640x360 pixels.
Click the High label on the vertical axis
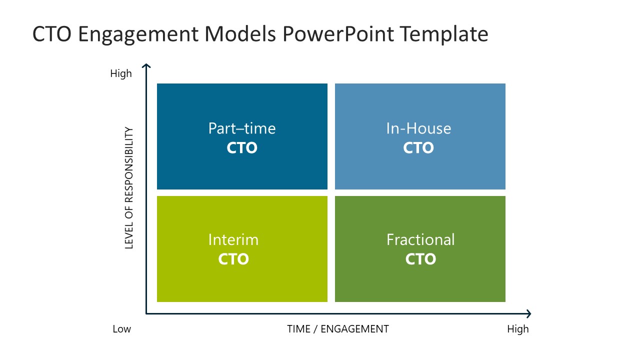(121, 74)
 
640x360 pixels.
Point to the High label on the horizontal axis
(517, 329)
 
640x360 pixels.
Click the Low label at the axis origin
(121, 329)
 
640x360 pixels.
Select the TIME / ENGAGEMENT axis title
(337, 329)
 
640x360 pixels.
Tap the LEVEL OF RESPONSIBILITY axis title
(129, 188)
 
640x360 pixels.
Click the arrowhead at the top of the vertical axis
(146, 66)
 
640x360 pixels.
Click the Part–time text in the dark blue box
(242, 128)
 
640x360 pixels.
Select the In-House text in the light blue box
(418, 128)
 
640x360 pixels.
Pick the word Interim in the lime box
(233, 239)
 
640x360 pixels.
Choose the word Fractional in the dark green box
(420, 239)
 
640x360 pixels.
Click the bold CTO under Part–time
(242, 148)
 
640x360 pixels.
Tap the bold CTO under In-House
(418, 148)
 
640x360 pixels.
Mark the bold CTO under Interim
(233, 259)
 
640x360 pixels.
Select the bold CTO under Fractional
(420, 259)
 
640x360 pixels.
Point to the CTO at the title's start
(51, 34)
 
